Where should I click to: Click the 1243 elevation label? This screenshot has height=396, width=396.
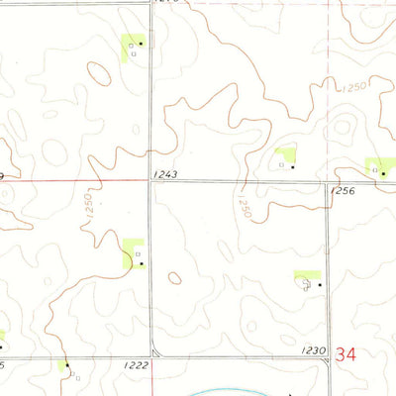(x=165, y=174)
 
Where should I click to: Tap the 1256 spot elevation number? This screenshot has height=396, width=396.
(x=343, y=189)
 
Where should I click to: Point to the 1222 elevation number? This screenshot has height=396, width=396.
(x=137, y=365)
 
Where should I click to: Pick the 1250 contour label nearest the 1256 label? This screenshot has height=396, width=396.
(x=245, y=207)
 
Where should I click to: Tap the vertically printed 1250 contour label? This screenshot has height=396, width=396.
(x=88, y=208)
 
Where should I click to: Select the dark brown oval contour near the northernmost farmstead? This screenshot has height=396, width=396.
(x=99, y=73)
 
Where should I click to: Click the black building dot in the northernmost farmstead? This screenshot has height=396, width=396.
(x=142, y=45)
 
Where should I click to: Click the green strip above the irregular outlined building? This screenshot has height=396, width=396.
(x=307, y=274)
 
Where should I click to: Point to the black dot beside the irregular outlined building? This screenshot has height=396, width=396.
(x=320, y=285)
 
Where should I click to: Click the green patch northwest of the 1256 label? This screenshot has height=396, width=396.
(x=287, y=154)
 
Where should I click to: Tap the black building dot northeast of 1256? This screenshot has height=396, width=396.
(x=384, y=172)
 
